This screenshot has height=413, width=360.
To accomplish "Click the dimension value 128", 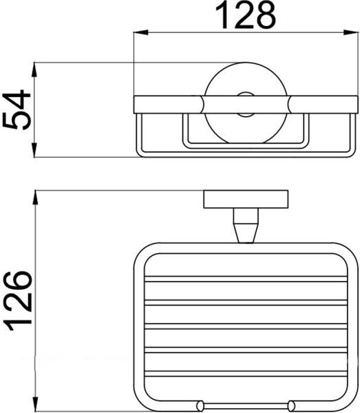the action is (246, 15).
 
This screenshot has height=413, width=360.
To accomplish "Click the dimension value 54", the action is (17, 110).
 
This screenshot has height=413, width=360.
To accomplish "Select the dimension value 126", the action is (19, 301).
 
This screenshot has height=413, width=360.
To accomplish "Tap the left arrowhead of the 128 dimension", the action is (140, 32).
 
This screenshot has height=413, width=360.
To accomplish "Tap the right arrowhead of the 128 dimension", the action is (351, 32).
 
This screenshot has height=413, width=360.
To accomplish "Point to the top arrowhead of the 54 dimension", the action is (34, 70).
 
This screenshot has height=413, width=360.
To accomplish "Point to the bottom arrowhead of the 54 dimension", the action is (34, 150).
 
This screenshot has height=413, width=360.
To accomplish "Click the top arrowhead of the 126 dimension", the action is (35, 198).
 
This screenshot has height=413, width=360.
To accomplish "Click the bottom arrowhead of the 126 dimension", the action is (35, 404).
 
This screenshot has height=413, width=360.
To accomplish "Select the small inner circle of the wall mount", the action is (246, 105).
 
